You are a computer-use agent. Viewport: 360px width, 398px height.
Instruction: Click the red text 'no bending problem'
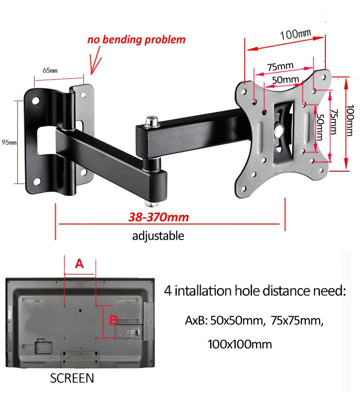pos(136,40)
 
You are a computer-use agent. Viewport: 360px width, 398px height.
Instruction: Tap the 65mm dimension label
pos(50,70)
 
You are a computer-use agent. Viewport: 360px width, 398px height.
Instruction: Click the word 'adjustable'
pos(158,236)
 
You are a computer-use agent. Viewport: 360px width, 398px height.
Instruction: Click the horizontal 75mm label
pos(280,67)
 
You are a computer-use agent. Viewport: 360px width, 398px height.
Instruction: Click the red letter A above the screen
pos(79,264)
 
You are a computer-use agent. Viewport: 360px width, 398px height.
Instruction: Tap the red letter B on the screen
pos(114,320)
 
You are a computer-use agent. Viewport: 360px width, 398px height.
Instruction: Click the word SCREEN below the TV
pos(72,378)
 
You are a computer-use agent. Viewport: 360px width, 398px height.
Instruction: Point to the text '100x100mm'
pos(240,345)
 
